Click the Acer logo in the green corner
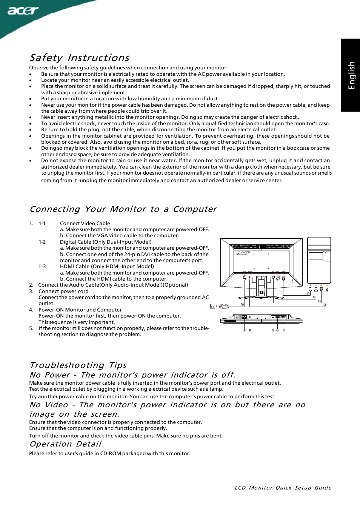[x=23, y=10]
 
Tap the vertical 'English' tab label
[x=351, y=75]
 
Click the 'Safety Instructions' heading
[x=79, y=58]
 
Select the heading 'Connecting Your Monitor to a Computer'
[x=123, y=209]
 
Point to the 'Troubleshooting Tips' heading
[x=78, y=365]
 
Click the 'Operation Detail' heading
[x=65, y=444]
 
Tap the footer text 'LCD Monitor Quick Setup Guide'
[x=283, y=488]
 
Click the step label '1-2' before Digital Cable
[x=42, y=242]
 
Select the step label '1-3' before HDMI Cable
[x=42, y=267]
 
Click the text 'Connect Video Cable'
[x=85, y=224]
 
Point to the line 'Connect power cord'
[x=63, y=292]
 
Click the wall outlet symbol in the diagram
[x=212, y=306]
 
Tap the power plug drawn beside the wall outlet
[x=223, y=306]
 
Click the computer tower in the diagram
[x=319, y=260]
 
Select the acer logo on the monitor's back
[x=243, y=253]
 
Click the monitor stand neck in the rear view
[x=261, y=286]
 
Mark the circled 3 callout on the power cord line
[x=242, y=304]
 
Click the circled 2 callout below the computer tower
[x=325, y=305]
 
